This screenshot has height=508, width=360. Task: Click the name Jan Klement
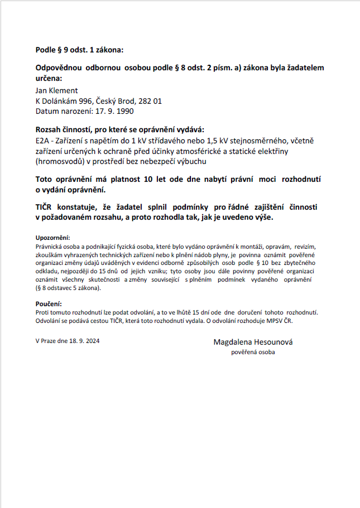(x=56, y=90)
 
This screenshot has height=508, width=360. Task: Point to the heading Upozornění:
(x=52, y=237)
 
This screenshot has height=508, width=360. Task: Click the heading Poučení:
(x=47, y=303)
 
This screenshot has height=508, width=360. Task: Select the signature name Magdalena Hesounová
(x=253, y=341)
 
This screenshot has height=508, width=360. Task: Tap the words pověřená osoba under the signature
(x=253, y=352)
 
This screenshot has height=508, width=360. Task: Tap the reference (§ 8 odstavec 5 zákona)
(x=68, y=288)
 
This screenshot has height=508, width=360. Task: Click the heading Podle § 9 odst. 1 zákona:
(x=79, y=50)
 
